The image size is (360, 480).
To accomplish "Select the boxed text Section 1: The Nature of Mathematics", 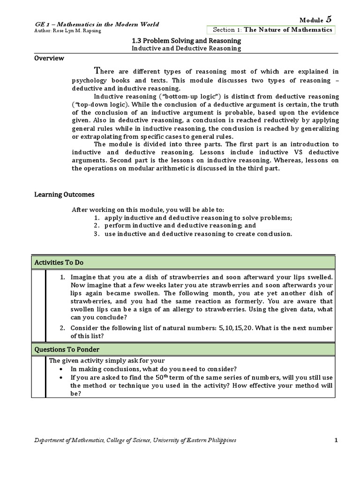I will tap(272, 30).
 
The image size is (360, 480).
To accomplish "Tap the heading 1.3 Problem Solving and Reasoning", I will tap(187, 41).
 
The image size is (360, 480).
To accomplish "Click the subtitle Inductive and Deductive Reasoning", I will tap(187, 48).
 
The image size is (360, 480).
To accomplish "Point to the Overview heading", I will tap(49, 59).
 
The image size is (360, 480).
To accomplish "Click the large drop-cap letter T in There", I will tap(97, 71).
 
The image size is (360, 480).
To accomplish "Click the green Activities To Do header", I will tap(183, 262).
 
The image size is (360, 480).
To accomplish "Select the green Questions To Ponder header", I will tap(183, 349).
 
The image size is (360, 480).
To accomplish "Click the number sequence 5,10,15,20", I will tap(236, 328).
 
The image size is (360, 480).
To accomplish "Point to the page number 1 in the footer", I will tap(336, 440).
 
